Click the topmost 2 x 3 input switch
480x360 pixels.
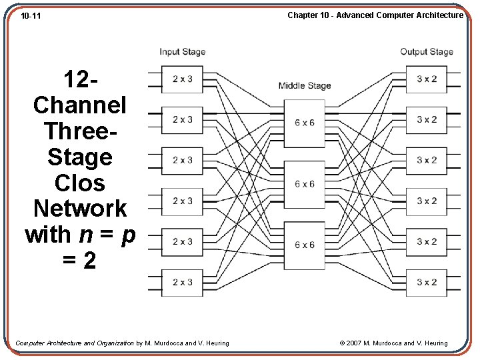(182, 79)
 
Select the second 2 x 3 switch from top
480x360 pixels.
(182, 120)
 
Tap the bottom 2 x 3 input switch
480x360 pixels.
(182, 282)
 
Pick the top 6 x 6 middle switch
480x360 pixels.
(304, 123)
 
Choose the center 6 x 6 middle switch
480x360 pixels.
(304, 184)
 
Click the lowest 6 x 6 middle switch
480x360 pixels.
(304, 245)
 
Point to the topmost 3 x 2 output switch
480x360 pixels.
(427, 79)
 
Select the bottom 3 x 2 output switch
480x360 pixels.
(427, 282)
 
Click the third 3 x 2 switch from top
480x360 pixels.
(427, 161)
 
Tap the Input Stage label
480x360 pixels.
(182, 52)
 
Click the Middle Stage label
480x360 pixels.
(304, 85)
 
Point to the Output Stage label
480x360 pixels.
(426, 52)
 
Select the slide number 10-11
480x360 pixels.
(31, 15)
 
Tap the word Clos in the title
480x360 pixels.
(80, 183)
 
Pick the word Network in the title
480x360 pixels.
(80, 209)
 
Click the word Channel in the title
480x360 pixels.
(80, 105)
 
